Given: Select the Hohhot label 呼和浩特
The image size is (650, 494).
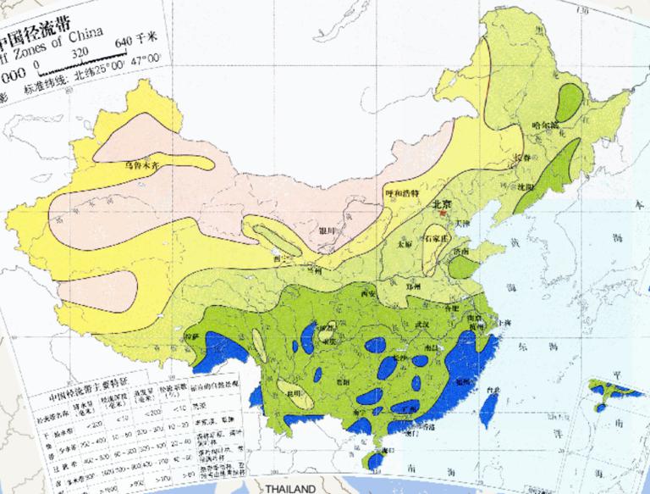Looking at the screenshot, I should tap(397, 194).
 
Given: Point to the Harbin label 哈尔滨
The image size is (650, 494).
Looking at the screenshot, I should tap(544, 126).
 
